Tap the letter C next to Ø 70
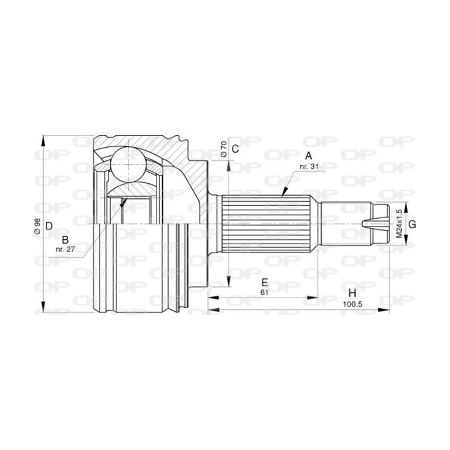(236, 148)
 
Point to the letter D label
(49, 226)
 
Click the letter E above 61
(264, 282)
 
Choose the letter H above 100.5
(353, 293)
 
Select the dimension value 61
(264, 292)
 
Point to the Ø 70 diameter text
(223, 149)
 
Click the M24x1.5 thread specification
(399, 224)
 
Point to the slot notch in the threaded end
(370, 223)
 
